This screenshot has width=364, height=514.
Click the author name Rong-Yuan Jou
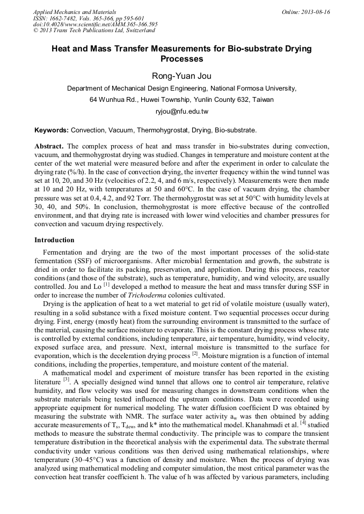click(x=181, y=76)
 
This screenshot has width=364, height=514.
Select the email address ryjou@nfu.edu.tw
click(x=181, y=111)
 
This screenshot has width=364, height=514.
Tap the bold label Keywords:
click(x=52, y=130)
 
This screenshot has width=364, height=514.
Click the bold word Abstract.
click(x=49, y=146)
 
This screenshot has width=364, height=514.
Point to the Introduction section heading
click(x=54, y=240)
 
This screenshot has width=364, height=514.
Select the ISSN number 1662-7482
click(x=64, y=18)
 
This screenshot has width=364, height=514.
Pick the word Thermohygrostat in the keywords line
click(x=162, y=130)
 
